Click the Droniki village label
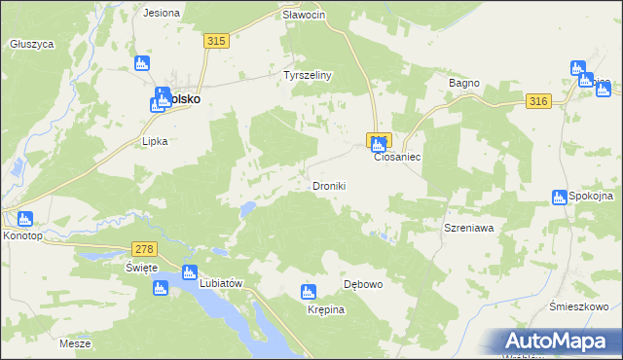coord(329,186)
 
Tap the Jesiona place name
coord(162,14)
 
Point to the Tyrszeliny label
coord(308,75)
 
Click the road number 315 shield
coord(216,40)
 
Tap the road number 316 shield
coord(537,101)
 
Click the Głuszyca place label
coord(31,44)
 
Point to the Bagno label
coord(464,84)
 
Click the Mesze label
coord(75,344)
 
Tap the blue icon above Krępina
coord(309,291)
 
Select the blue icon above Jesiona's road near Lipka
coord(142,63)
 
